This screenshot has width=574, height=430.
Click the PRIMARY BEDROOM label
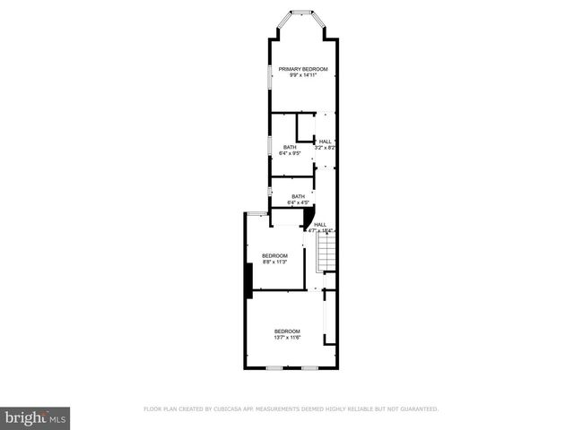pyautogui.click(x=302, y=69)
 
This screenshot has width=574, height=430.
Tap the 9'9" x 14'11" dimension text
pyautogui.click(x=302, y=75)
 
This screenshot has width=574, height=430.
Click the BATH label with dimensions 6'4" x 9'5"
pyautogui.click(x=290, y=147)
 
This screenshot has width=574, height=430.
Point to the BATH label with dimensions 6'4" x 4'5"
pyautogui.click(x=297, y=197)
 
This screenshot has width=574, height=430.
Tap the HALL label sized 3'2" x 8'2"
pyautogui.click(x=325, y=142)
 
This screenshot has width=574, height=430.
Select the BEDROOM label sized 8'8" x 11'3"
pyautogui.click(x=274, y=255)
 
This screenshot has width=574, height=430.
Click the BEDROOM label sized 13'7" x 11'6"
pyautogui.click(x=287, y=331)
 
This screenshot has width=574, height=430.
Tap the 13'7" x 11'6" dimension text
pyautogui.click(x=287, y=338)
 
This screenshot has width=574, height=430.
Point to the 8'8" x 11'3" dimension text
pyautogui.click(x=274, y=262)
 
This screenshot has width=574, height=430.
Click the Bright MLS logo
pyautogui.click(x=36, y=417)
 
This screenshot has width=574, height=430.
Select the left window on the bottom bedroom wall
pyautogui.click(x=274, y=368)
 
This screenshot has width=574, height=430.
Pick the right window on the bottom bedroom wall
pyautogui.click(x=309, y=368)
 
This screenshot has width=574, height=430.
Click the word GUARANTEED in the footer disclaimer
pyautogui.click(x=418, y=408)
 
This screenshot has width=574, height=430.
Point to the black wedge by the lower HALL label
pyautogui.click(x=308, y=219)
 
